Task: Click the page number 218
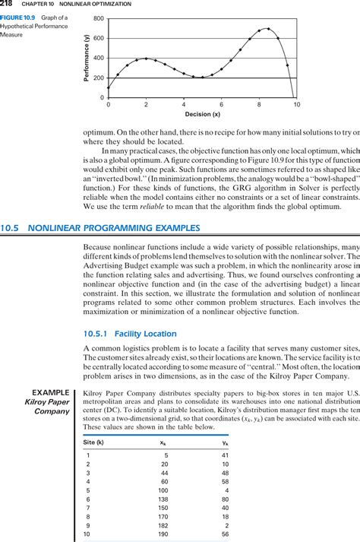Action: coord(7,4)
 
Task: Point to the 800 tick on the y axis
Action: coord(99,17)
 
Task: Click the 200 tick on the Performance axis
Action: coord(99,78)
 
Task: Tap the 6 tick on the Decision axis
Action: coord(221,104)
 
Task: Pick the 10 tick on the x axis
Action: coord(296,104)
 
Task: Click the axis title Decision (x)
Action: coord(202,114)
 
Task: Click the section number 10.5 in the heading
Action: coord(12,207)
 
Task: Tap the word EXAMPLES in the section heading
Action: coord(174,207)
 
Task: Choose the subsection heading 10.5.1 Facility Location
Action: coord(130,334)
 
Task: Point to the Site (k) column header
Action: coord(94,442)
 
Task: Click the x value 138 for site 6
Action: coord(163,499)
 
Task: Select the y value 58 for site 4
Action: coord(225,481)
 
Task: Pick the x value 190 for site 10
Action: coord(163,534)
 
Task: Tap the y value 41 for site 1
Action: coord(225,455)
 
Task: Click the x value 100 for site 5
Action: coord(163,490)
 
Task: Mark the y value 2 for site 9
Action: coord(227,525)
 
